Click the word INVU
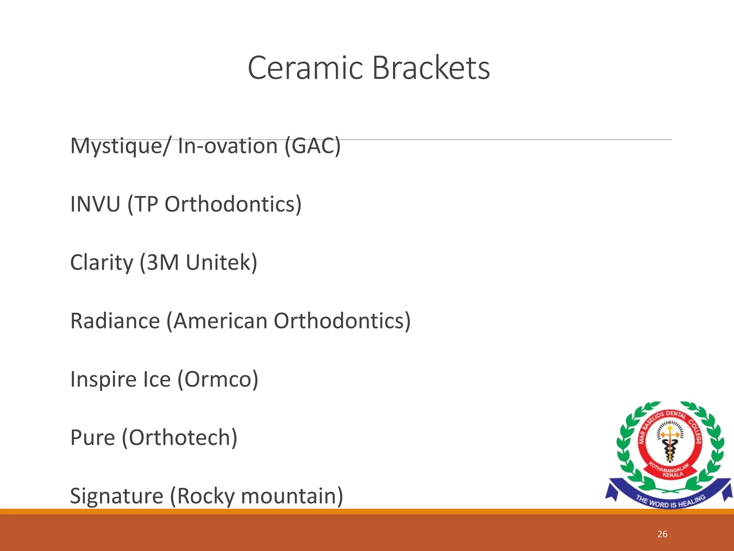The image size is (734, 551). coord(95,204)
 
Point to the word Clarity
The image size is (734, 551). coord(101,263)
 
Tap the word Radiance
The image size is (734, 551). coord(115,321)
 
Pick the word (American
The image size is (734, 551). coord(217,321)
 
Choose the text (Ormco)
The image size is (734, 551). coord(218,380)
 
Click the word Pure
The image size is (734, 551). coord(92,438)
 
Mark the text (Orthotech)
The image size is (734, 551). coord(180,438)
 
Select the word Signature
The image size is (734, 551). coord(116,496)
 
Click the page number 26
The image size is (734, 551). coord(662,534)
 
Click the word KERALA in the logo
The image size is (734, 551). coord(673,475)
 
